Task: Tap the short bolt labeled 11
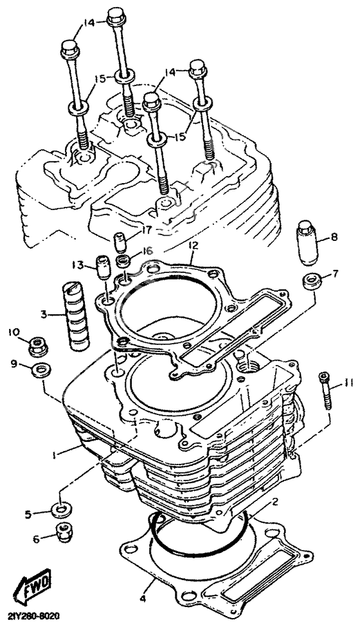click(x=325, y=392)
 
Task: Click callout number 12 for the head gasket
click(x=194, y=245)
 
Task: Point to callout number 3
click(x=43, y=315)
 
